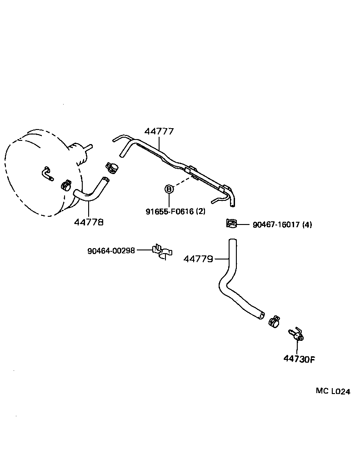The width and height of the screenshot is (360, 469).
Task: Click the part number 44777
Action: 159,132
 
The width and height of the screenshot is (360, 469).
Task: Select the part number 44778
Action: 89,222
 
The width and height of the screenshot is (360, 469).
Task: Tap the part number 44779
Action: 198,259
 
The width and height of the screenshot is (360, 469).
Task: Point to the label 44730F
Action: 299,359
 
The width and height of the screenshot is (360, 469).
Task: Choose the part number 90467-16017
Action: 276,225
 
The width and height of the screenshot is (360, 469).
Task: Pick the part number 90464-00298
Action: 111,250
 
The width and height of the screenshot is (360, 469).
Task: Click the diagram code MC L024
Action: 333,391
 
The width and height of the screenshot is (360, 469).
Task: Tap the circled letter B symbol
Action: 169,189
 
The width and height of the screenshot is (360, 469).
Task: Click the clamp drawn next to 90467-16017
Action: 232,224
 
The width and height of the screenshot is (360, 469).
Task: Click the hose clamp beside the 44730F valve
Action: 275,321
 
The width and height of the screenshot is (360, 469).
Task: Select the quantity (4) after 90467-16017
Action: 307,225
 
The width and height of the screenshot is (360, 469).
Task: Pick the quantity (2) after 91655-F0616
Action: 201,211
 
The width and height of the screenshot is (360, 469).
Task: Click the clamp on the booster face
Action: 65,185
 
